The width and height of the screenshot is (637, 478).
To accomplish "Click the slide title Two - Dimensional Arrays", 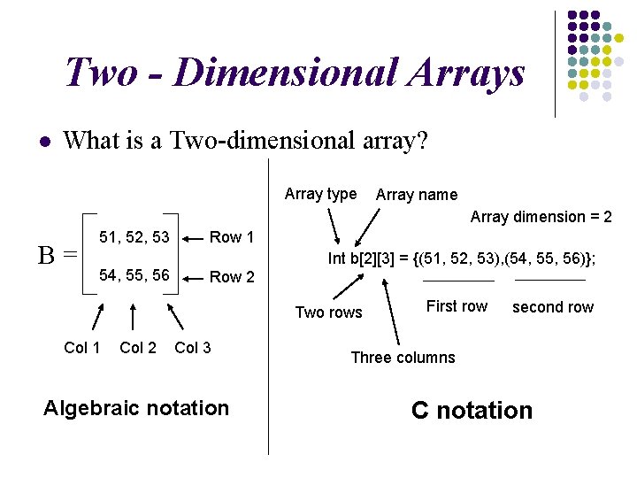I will [x=295, y=73].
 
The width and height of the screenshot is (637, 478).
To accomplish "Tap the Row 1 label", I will [x=232, y=236].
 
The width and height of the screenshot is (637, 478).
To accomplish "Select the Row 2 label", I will [x=232, y=277].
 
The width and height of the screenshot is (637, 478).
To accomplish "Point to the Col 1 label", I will [x=82, y=348].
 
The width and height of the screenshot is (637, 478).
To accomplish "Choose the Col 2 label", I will [x=137, y=348].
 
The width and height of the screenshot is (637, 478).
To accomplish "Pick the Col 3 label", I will [x=193, y=348].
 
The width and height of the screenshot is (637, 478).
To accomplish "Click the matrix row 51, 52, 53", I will [x=134, y=236].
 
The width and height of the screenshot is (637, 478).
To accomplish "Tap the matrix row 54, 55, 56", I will [x=134, y=276].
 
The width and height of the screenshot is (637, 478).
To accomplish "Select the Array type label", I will [x=320, y=194].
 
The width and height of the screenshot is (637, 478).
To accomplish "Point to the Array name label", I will [x=417, y=195].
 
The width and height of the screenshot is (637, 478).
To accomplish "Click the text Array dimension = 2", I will [x=541, y=217].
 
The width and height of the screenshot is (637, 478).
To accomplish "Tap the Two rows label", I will [x=328, y=312].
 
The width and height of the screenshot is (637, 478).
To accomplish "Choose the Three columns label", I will [x=403, y=358].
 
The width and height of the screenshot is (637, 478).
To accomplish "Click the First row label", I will [x=457, y=306].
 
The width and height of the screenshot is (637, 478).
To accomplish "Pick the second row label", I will [x=553, y=307].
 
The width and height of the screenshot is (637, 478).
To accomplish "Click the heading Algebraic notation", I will [x=136, y=408].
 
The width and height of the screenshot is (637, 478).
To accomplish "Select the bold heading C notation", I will [x=472, y=410].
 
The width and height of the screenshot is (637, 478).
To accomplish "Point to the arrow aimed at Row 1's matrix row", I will [x=194, y=237].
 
